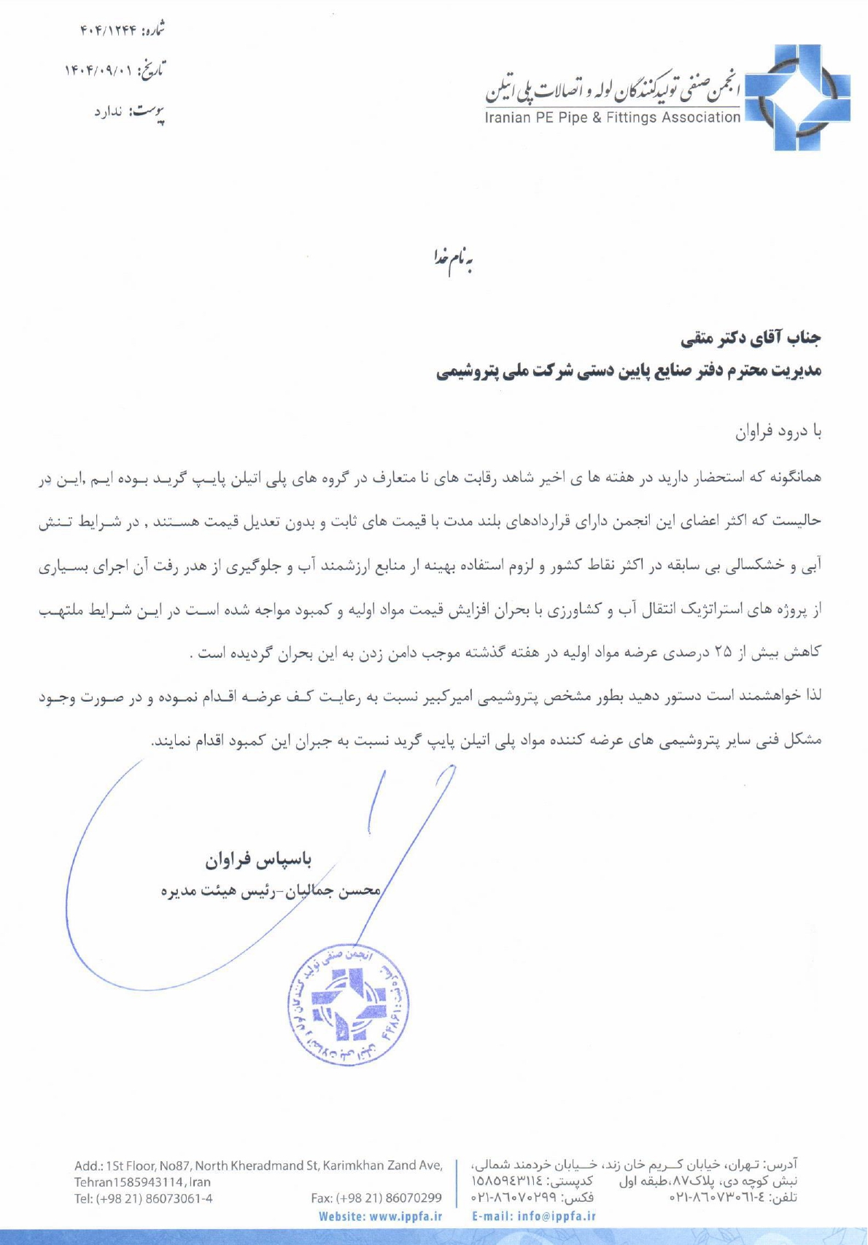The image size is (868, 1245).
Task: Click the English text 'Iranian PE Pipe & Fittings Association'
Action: pyautogui.click(x=613, y=117)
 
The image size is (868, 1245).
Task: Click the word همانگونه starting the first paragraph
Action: pyautogui.click(x=797, y=478)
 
